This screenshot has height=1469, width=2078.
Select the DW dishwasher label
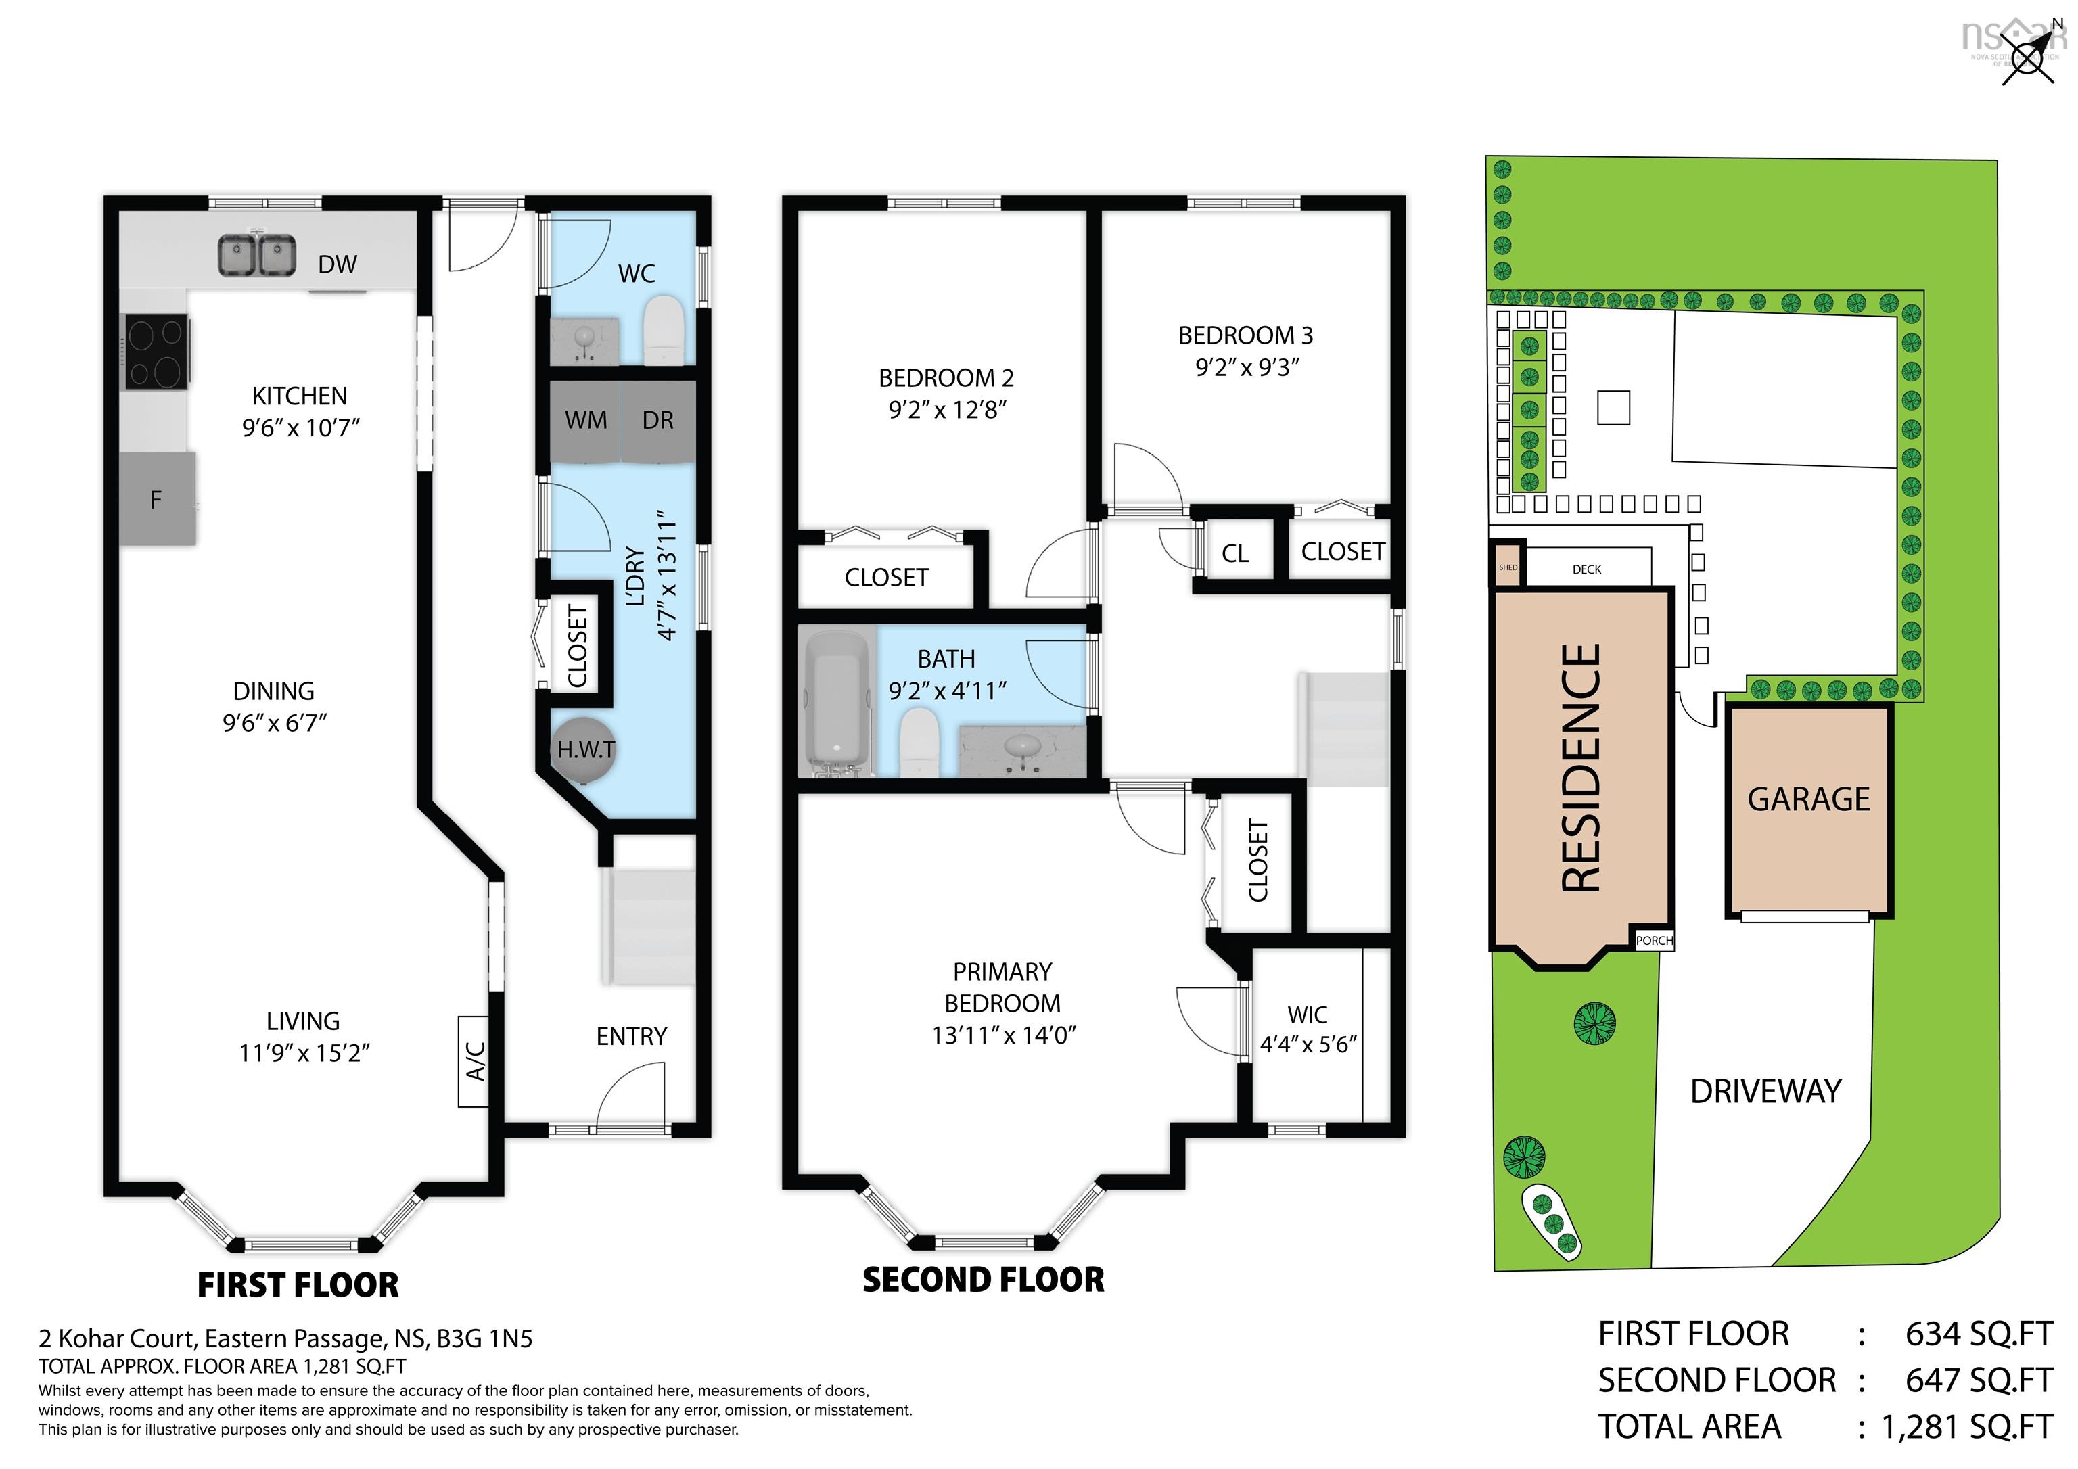338,264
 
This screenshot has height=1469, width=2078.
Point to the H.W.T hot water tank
586,749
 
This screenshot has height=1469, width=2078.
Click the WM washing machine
586,420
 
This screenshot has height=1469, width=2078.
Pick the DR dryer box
658,420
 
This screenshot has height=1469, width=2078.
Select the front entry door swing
629,1097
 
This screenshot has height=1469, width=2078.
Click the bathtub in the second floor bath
835,704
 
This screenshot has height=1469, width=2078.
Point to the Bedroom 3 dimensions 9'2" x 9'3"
1246,367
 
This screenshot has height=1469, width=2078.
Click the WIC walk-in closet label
1307,1015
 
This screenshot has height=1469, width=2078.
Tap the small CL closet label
1234,554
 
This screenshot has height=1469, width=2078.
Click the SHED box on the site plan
1508,567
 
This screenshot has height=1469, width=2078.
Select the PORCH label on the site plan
1653,940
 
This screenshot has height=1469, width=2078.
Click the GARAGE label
1807,799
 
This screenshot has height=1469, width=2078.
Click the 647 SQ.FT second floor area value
1979,1380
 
